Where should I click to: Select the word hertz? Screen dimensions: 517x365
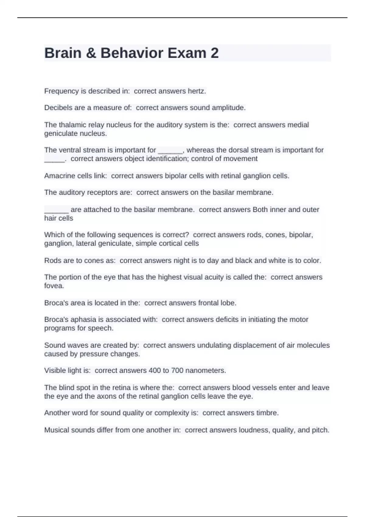coord(197,91)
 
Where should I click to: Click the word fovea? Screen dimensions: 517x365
coord(54,286)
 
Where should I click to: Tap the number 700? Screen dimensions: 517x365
coord(177,370)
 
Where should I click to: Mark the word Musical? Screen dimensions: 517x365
coord(56,430)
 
